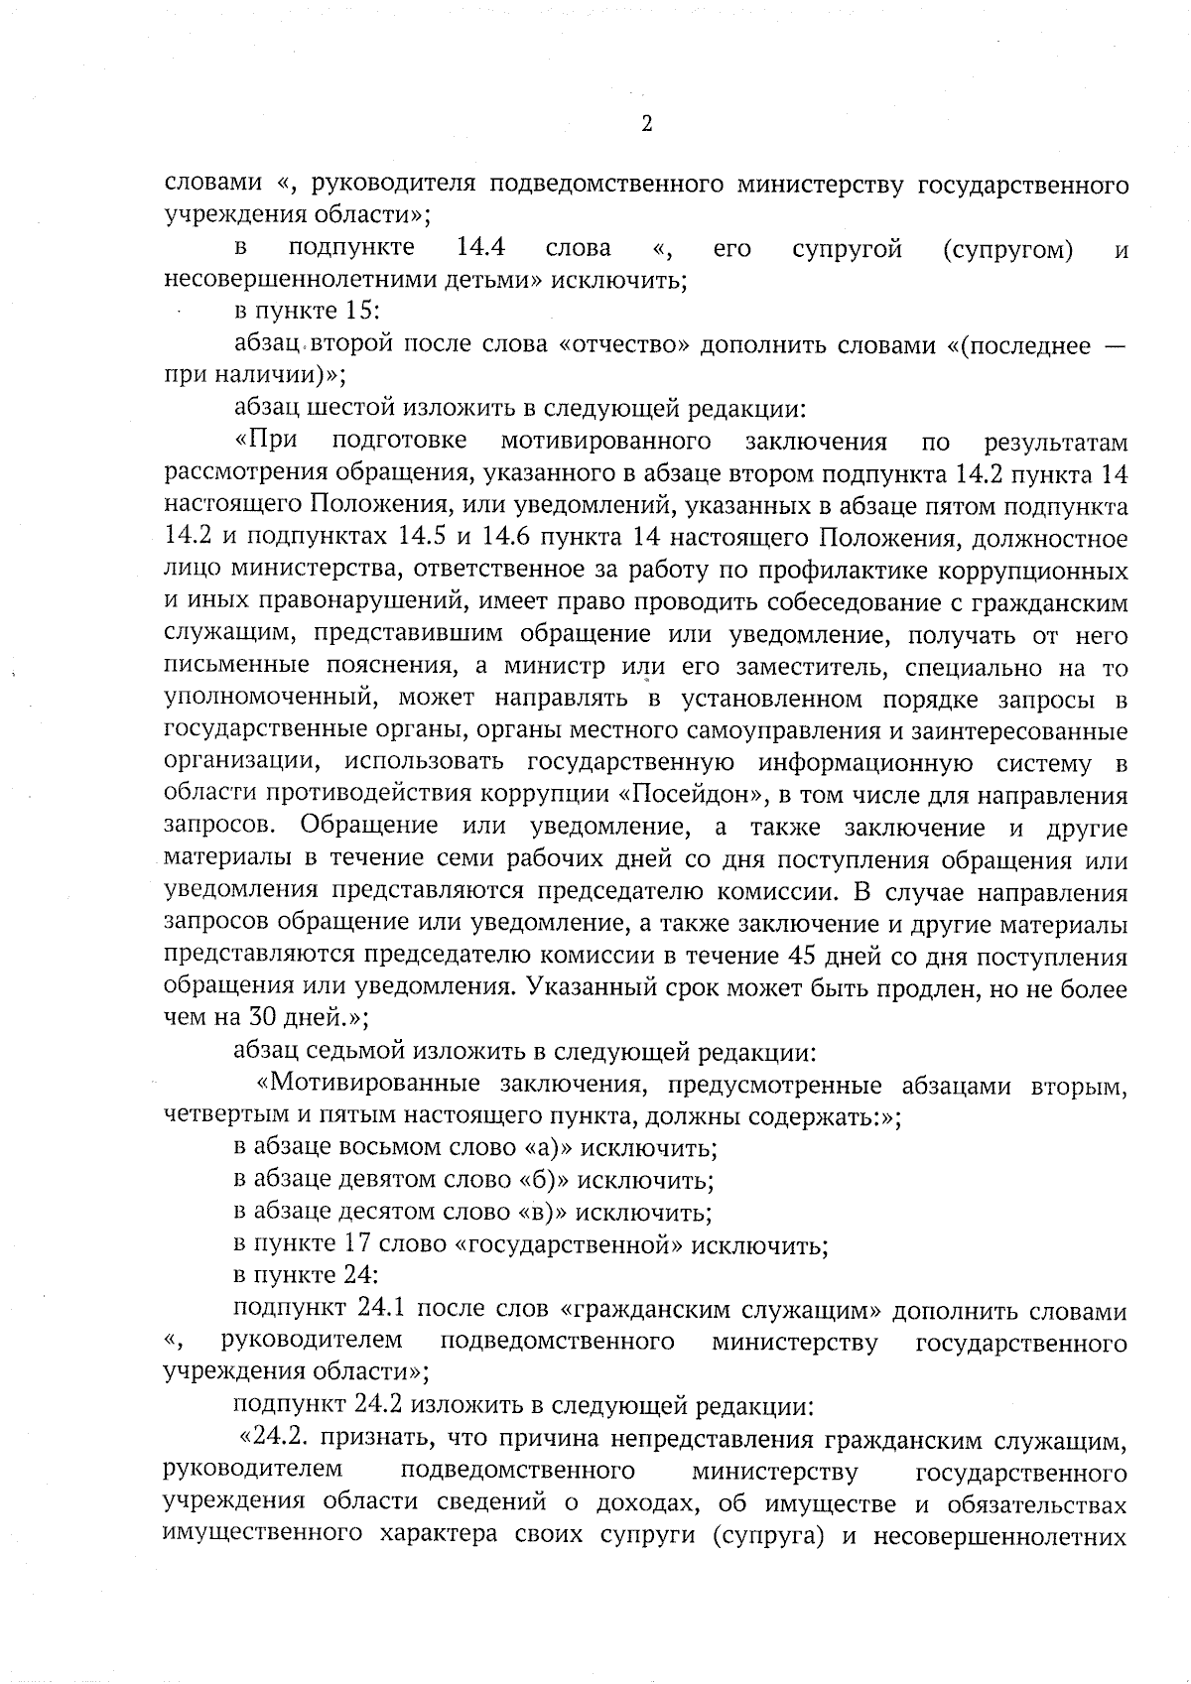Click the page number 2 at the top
(646, 124)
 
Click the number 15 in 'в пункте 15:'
(357, 312)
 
